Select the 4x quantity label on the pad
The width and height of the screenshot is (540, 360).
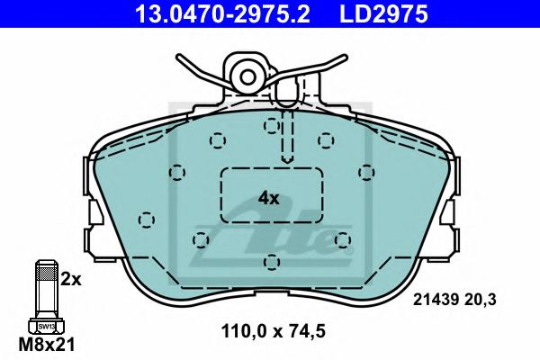click(269, 197)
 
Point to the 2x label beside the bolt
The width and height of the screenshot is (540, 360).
click(71, 279)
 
